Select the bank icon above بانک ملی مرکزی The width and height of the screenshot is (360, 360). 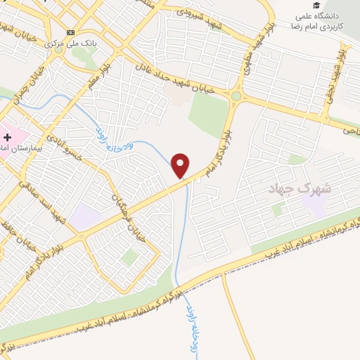[x=70, y=32]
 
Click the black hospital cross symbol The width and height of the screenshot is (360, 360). [x=7, y=137]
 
